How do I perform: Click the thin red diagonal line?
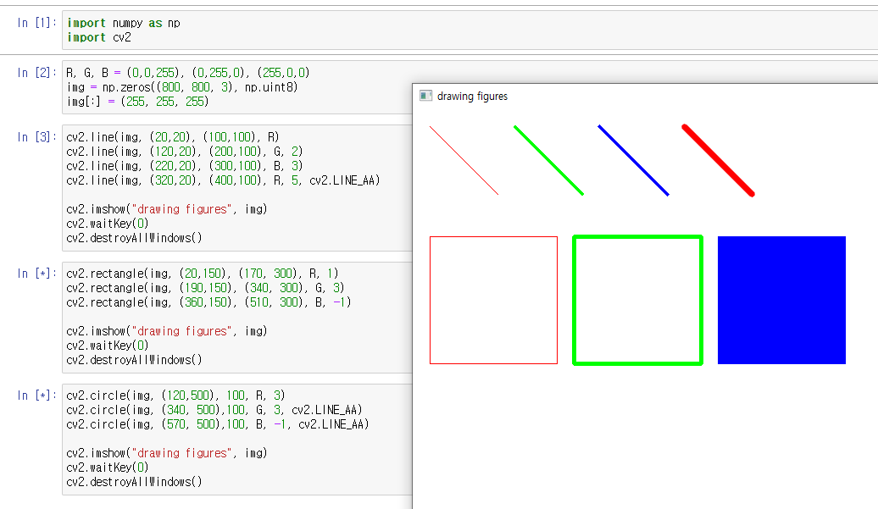464,161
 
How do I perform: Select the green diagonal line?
548,160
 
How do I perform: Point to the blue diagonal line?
633,160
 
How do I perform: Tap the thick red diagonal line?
718,161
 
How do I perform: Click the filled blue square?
781,300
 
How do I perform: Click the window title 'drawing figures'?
472,97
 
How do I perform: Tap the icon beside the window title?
426,97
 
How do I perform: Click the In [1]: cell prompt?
35,23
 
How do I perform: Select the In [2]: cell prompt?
35,73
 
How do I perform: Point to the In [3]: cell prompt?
35,137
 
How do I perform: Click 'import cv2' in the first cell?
99,37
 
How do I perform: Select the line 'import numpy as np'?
123,23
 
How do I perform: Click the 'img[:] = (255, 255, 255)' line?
137,102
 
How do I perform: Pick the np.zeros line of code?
182,87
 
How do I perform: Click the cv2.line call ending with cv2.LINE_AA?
223,180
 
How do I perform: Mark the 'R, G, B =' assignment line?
187,73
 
